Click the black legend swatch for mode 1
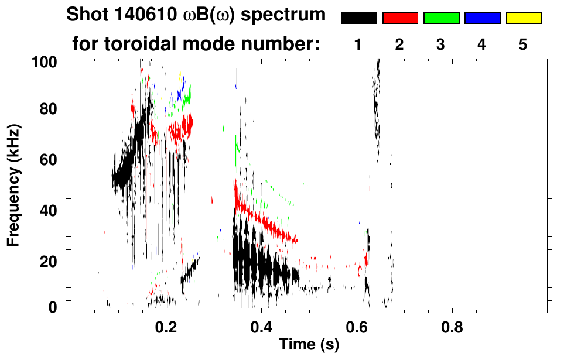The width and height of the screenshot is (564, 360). pyautogui.click(x=359, y=18)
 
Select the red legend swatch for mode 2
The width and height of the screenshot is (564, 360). pyautogui.click(x=400, y=18)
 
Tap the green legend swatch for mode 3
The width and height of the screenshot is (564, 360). pyautogui.click(x=441, y=18)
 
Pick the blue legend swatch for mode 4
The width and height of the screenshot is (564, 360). pyautogui.click(x=482, y=18)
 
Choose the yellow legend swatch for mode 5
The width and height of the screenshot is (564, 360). pyautogui.click(x=523, y=18)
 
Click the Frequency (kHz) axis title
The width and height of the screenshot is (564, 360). pyautogui.click(x=15, y=185)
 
